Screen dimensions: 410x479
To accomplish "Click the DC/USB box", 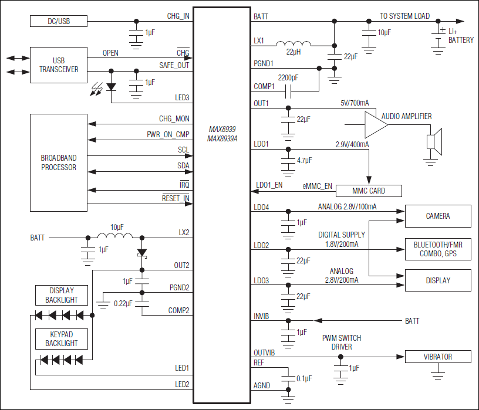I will coord(58,21).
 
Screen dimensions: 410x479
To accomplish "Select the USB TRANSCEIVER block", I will coord(58,65).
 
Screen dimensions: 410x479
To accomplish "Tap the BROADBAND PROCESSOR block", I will coord(58,162).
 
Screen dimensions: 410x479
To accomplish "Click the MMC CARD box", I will coord(368,191).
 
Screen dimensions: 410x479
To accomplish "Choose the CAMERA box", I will coord(437,216).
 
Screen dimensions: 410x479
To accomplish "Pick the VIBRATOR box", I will coord(437,357).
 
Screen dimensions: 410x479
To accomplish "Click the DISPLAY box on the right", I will coord(437,280).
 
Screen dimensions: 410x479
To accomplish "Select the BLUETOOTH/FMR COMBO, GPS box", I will coord(437,249).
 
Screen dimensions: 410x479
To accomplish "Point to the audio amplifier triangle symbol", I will coord(375,125).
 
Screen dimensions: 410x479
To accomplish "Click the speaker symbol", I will coord(432,142).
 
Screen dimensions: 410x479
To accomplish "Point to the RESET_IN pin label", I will coord(176,199).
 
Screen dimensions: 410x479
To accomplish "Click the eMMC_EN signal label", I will coord(317,186).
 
